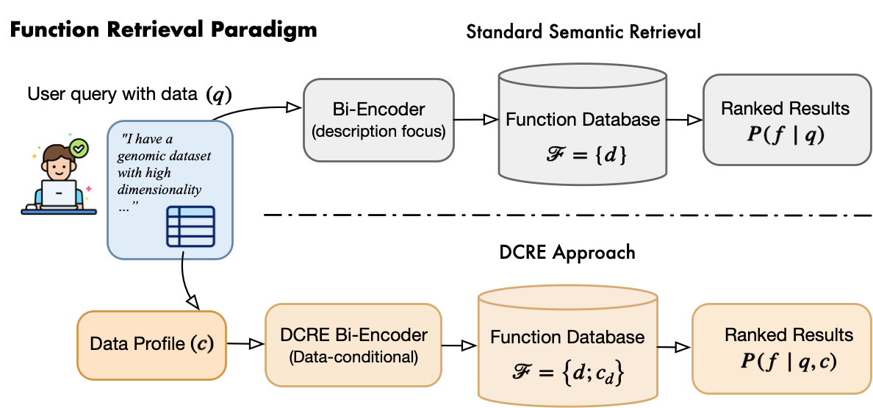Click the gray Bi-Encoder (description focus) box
click(378, 120)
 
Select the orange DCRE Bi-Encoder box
click(353, 345)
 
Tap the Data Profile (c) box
click(151, 345)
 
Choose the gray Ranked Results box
click(786, 119)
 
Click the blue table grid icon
click(190, 226)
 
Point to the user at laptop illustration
click(58, 174)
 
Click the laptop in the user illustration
click(58, 195)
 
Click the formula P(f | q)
click(786, 135)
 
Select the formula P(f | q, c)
click(788, 361)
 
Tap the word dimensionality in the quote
click(159, 189)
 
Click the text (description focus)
click(378, 133)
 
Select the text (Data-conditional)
click(353, 358)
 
